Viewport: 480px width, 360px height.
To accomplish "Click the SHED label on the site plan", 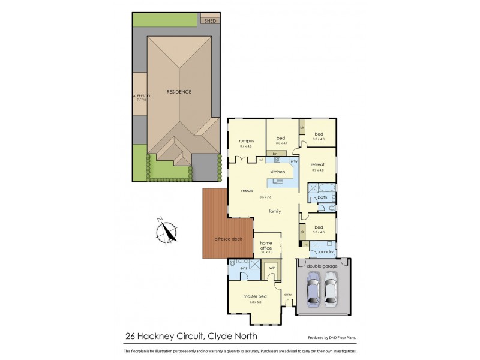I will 210,21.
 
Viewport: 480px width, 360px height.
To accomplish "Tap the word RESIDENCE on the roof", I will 179,92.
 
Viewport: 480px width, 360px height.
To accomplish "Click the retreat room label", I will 317,164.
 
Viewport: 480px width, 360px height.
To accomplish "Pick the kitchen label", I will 277,172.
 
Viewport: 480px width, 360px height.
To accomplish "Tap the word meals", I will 247,191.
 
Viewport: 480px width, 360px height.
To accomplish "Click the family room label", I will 275,211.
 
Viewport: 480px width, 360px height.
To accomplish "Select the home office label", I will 266,245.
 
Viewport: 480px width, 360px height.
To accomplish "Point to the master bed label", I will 254,297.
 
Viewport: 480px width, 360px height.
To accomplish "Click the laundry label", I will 326,252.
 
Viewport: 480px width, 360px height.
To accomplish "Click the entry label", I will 288,294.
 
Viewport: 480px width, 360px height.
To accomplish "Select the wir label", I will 272,268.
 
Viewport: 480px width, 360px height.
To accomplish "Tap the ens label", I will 244,268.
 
